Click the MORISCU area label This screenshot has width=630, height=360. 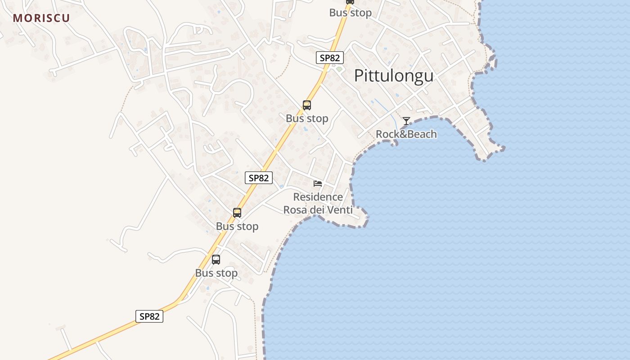tap(41, 18)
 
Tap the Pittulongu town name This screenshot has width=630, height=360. tap(394, 76)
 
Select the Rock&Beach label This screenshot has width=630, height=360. tap(406, 134)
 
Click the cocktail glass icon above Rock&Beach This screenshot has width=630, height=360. tap(406, 121)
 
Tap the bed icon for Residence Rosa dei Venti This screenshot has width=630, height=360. tap(318, 183)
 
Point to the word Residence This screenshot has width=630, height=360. tap(318, 197)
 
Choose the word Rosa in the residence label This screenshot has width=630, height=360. tap(295, 210)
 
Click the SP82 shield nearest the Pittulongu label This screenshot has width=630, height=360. tap(330, 58)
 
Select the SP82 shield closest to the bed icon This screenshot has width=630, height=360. tap(259, 178)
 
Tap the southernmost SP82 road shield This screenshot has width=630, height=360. tap(149, 316)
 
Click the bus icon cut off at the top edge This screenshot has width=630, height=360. tap(350, 2)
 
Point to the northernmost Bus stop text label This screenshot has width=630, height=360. tap(351, 13)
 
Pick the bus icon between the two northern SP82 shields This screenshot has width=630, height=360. tap(307, 105)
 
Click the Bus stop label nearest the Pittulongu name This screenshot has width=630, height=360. tap(307, 118)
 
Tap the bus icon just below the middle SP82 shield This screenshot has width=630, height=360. tap(237, 212)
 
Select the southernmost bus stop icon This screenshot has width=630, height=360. tap(216, 259)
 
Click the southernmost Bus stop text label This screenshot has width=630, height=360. tap(216, 273)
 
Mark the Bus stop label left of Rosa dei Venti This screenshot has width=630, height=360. tap(237, 226)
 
